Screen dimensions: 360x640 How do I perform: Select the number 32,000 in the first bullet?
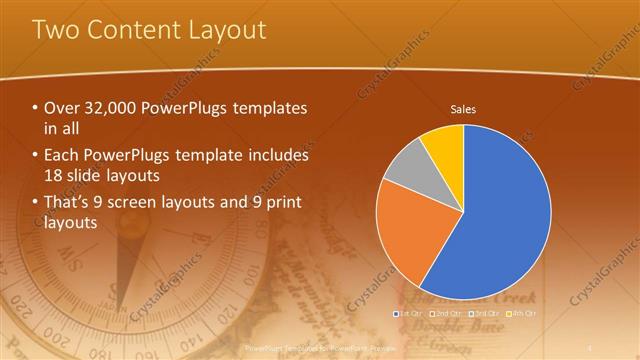110,108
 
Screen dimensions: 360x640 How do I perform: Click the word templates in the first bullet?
269,108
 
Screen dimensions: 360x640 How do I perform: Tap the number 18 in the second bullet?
55,175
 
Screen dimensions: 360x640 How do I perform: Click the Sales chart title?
463,109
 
